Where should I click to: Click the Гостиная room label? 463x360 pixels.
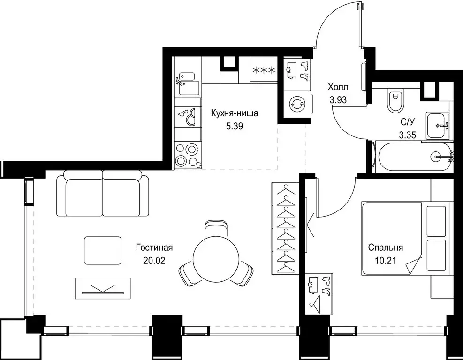click(154, 248)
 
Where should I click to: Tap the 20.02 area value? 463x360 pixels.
click(154, 261)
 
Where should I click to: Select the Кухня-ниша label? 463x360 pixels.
click(235, 113)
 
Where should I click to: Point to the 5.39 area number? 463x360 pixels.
click(235, 127)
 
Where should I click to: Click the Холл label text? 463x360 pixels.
click(338, 87)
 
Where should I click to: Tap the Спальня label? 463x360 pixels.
click(385, 247)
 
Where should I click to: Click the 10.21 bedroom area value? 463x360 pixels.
click(385, 261)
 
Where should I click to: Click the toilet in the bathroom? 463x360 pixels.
click(395, 100)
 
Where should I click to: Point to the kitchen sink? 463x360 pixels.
click(187, 84)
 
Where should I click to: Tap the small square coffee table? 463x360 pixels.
click(102, 250)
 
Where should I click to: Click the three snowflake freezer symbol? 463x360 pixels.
click(264, 70)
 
